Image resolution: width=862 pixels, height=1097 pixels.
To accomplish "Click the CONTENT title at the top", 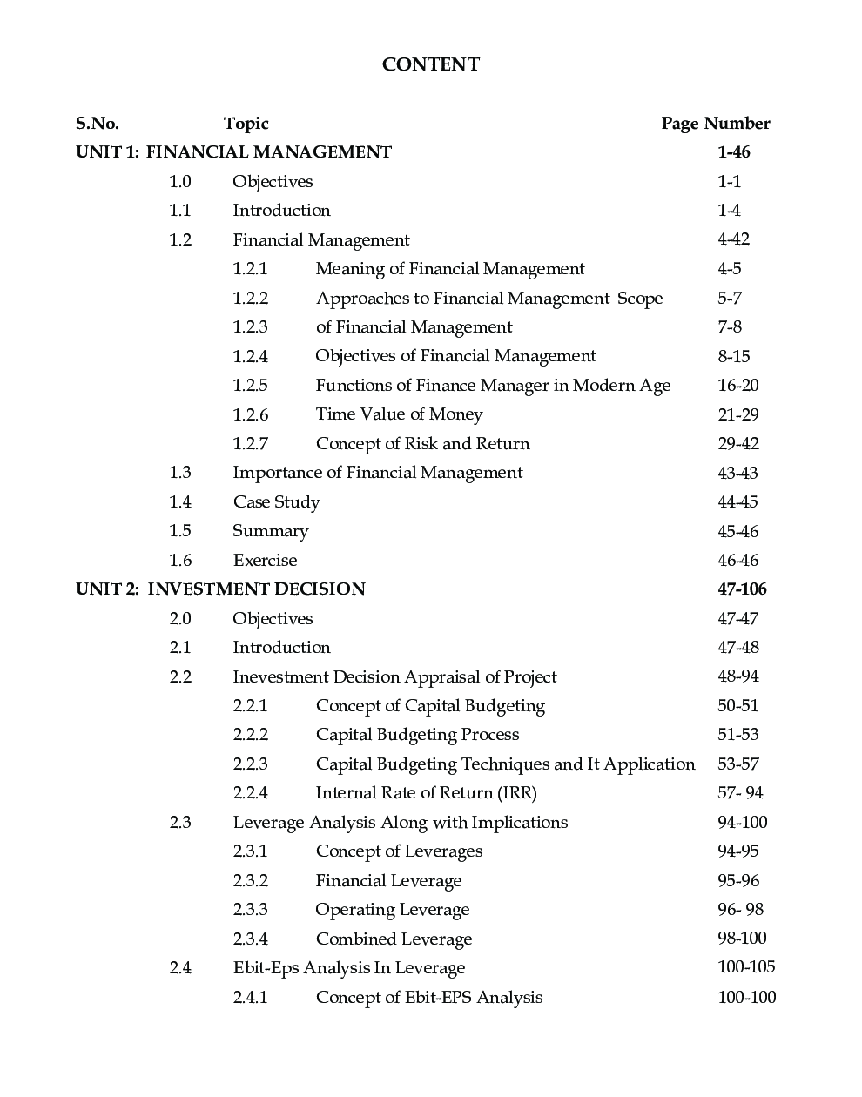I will pyautogui.click(x=430, y=64).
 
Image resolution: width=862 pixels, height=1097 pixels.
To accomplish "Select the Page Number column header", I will pyautogui.click(x=715, y=124).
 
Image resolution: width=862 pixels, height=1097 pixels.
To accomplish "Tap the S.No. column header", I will pyautogui.click(x=98, y=124).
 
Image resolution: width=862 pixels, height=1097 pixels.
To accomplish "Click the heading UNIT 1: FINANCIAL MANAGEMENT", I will pyautogui.click(x=233, y=152).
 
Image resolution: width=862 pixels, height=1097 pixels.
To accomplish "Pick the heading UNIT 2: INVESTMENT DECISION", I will pyautogui.click(x=220, y=589).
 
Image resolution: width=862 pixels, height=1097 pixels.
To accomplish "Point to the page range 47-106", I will pyautogui.click(x=742, y=589).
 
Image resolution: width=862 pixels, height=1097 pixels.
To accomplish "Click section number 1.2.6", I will pyautogui.click(x=250, y=414).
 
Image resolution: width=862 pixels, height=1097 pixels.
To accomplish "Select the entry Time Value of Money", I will pyautogui.click(x=399, y=414).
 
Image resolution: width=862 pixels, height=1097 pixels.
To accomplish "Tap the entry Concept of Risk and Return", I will pyautogui.click(x=422, y=444).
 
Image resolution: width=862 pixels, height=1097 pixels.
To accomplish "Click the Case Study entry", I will pyautogui.click(x=276, y=502).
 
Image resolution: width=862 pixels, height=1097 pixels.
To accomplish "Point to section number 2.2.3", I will pyautogui.click(x=250, y=764).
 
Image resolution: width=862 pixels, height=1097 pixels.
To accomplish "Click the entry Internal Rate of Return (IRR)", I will pyautogui.click(x=426, y=793).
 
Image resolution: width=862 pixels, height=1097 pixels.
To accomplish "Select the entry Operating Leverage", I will pyautogui.click(x=392, y=910).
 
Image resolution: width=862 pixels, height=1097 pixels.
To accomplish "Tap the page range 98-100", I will pyautogui.click(x=742, y=939).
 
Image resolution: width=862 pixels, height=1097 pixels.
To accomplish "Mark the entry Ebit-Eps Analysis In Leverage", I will pyautogui.click(x=348, y=968).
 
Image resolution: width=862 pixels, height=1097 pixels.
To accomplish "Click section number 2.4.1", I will pyautogui.click(x=250, y=998).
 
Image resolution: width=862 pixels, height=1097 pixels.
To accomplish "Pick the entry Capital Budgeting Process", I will pyautogui.click(x=417, y=735).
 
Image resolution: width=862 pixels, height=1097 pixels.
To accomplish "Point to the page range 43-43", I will pyautogui.click(x=737, y=473).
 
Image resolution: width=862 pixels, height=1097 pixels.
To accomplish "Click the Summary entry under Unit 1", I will pyautogui.click(x=270, y=531).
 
